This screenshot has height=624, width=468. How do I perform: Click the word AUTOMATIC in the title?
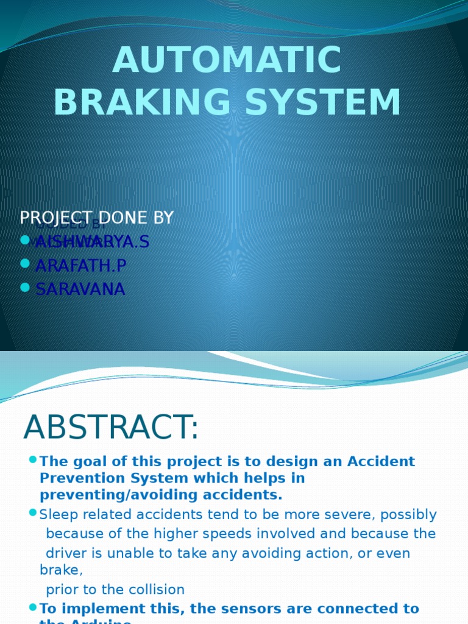click(227, 61)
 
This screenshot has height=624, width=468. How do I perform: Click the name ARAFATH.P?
click(81, 266)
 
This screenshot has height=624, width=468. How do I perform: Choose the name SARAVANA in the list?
click(80, 289)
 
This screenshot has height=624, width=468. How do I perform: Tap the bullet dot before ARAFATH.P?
click(24, 264)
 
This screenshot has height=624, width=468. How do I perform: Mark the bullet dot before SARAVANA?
click(24, 287)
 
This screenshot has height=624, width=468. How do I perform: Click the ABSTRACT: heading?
click(111, 428)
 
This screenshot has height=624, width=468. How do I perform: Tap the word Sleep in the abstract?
click(56, 515)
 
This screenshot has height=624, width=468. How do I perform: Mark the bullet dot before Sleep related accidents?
click(33, 513)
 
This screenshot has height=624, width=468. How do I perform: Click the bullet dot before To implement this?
click(33, 607)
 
